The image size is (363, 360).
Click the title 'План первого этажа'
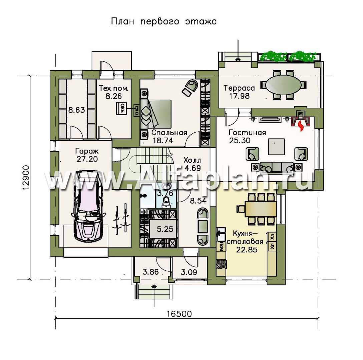(164, 22)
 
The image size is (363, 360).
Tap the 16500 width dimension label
(179, 314)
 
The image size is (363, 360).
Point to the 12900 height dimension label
(26, 177)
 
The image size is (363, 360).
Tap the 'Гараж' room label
(87, 151)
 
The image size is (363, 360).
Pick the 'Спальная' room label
(169, 133)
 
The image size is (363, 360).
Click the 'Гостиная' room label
(247, 133)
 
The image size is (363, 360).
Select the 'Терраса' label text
(239, 88)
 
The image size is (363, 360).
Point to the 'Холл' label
(192, 160)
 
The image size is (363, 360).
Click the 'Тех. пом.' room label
(113, 88)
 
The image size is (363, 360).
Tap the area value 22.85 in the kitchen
(247, 250)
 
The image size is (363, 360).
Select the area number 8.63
(77, 110)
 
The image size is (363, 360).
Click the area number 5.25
(165, 229)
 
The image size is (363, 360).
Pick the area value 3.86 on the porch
(151, 272)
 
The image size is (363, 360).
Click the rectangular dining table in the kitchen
(261, 209)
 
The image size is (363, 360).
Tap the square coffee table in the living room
(276, 147)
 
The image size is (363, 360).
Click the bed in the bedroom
(155, 114)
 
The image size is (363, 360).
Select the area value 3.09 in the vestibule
(189, 272)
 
